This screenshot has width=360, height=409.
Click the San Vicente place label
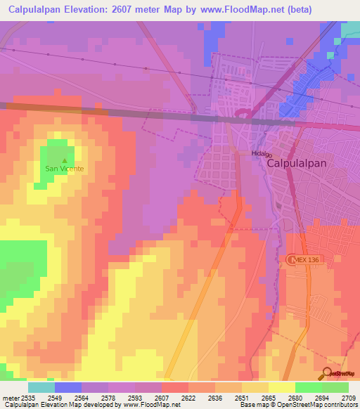[x=65, y=169]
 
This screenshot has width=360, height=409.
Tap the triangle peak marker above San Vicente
[x=65, y=160]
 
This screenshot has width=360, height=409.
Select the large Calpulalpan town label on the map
[x=297, y=162]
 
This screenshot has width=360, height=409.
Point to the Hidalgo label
[x=261, y=152]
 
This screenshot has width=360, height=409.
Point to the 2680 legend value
[x=296, y=398]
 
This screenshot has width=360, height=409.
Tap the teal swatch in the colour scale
[x=41, y=387]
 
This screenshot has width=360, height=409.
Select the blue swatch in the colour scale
[x=68, y=387]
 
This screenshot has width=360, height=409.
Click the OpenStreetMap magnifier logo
[x=328, y=374]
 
